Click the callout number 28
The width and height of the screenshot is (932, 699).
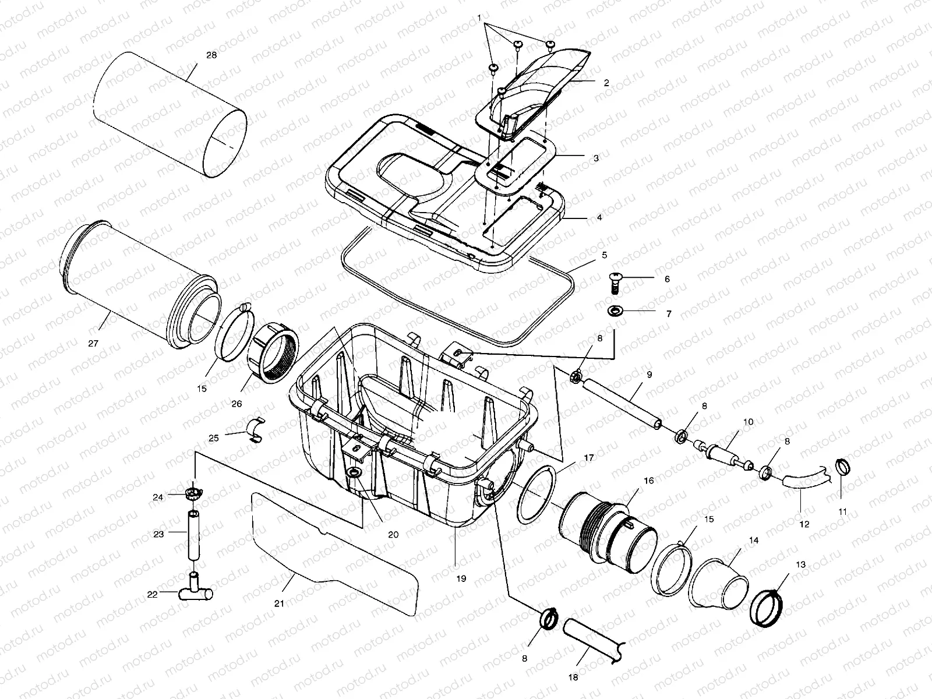(x=211, y=55)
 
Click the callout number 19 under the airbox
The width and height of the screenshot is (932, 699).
(x=461, y=579)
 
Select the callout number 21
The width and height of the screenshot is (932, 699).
(x=280, y=603)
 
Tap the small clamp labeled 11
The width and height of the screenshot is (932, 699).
(x=843, y=466)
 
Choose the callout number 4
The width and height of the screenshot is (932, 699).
(x=599, y=217)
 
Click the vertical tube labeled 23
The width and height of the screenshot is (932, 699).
(x=193, y=533)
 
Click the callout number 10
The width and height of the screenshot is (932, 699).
(x=748, y=421)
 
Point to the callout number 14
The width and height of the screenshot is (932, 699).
(x=754, y=541)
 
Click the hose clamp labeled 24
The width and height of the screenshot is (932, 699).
(x=192, y=495)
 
